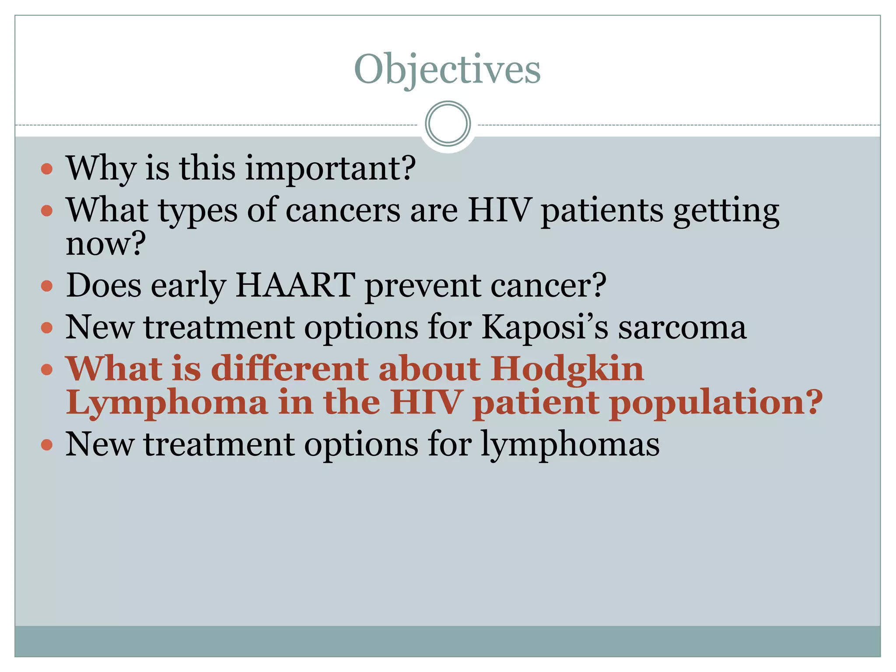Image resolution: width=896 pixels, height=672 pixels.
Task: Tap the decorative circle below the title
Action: coord(448,124)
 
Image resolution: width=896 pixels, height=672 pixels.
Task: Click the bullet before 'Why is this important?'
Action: coord(47,169)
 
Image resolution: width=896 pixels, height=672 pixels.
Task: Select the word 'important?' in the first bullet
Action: coord(330,169)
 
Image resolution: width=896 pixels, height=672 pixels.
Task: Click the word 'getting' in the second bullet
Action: coord(726,211)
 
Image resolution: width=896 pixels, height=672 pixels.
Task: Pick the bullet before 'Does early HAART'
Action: coord(47,287)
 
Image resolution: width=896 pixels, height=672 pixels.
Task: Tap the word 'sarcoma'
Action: coord(682,328)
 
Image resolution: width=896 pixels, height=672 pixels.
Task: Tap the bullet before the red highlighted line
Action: coord(47,370)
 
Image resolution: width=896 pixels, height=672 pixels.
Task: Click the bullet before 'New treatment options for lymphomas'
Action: coord(47,445)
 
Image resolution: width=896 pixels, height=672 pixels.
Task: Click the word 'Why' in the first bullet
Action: coord(101,169)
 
